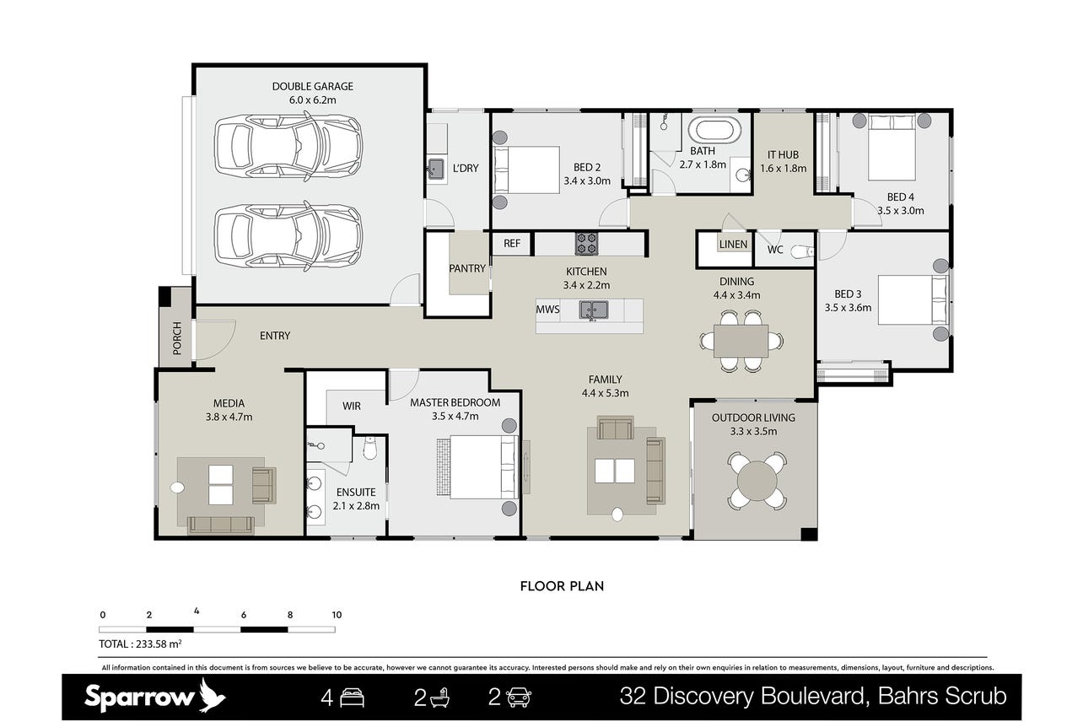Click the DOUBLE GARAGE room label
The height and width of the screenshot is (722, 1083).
312,87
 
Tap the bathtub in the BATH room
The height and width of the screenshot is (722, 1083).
714,130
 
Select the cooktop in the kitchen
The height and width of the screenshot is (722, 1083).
586,244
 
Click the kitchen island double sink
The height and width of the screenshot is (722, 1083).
594,310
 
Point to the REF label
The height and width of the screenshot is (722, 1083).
512,243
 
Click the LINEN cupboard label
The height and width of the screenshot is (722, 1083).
733,245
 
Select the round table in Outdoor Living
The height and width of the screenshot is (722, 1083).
757,480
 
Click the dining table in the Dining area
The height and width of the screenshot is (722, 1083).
741,341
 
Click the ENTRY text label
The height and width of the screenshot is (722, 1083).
275,336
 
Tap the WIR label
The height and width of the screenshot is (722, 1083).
352,407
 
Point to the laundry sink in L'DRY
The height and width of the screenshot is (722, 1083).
436,169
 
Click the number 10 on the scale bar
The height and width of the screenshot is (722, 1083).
337,615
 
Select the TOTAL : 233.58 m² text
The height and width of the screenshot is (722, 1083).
140,644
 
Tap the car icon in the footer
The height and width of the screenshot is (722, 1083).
519,698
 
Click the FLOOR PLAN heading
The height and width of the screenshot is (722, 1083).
562,586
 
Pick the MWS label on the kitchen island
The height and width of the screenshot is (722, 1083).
547,310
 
